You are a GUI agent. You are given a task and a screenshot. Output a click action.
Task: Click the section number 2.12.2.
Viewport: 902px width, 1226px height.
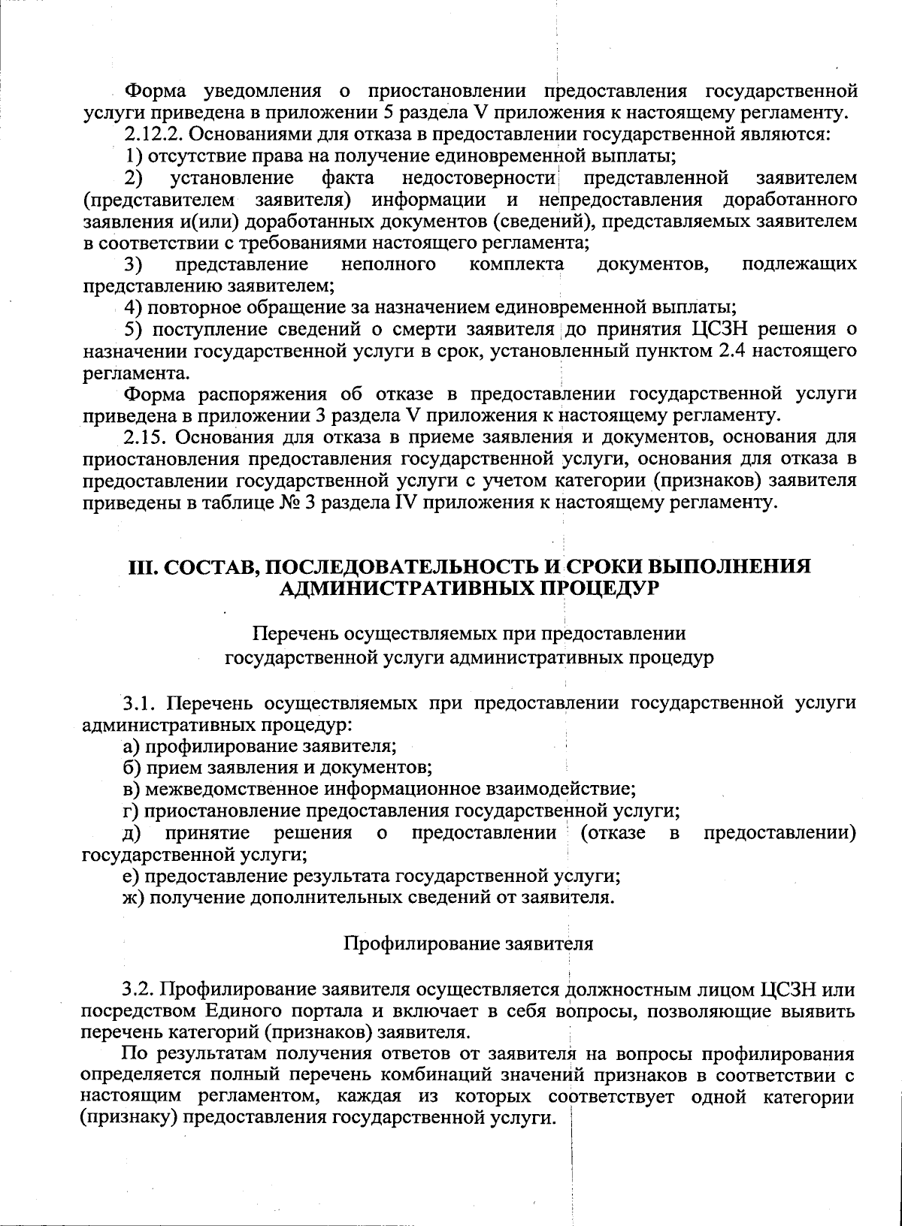[150, 135]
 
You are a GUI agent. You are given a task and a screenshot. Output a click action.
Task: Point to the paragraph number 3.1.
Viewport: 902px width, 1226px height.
[141, 704]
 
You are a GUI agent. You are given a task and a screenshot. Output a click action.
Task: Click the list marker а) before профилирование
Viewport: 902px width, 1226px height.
[132, 747]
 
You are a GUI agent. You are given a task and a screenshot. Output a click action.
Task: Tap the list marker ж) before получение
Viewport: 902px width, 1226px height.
[133, 897]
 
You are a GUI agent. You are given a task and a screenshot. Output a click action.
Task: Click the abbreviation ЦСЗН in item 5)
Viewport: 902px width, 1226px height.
[718, 329]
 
